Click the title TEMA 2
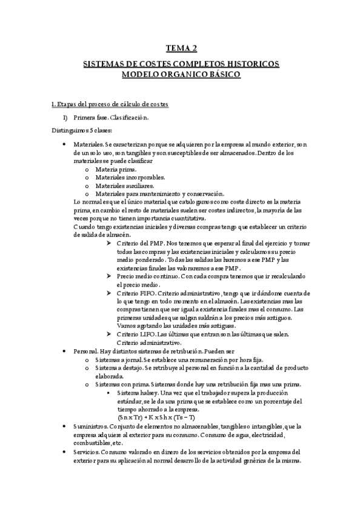pyautogui.click(x=182, y=49)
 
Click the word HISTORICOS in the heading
pyautogui.click(x=250, y=64)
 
